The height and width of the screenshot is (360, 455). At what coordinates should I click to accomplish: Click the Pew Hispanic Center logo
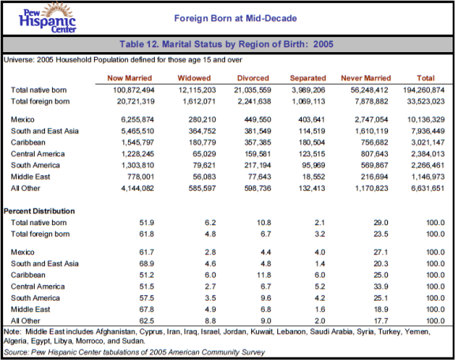coord(47,18)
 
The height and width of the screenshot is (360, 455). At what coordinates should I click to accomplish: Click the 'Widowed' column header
coord(194,78)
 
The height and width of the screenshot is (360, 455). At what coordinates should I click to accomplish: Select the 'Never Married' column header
coord(366,78)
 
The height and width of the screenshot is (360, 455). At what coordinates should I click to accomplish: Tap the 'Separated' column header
coord(308,78)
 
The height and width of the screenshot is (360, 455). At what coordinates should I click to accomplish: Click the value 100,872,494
coord(133,90)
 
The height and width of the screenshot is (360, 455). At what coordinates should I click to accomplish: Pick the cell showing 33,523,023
coord(426,102)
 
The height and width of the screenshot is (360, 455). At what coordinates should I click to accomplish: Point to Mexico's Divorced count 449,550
coord(258,119)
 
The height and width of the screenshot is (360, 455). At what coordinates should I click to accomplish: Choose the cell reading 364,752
coord(202,131)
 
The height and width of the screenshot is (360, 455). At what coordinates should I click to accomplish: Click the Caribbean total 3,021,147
coord(427,142)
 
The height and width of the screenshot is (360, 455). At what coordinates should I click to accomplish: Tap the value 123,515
coord(312,154)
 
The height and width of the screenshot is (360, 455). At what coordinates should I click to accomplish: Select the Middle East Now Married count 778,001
coord(141,177)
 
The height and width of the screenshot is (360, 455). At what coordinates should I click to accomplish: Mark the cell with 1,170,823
coord(372,188)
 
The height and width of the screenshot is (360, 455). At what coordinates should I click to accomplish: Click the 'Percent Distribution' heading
coord(39,211)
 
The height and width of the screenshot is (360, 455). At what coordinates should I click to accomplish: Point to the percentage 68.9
coord(147,264)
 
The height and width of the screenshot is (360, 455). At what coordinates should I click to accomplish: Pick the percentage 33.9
coord(381,287)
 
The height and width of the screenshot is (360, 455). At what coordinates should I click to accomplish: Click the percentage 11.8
coord(264,275)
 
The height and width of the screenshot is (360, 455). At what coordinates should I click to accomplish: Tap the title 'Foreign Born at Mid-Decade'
coord(235,18)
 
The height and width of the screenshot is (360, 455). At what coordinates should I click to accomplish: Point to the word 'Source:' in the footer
coord(17,352)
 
